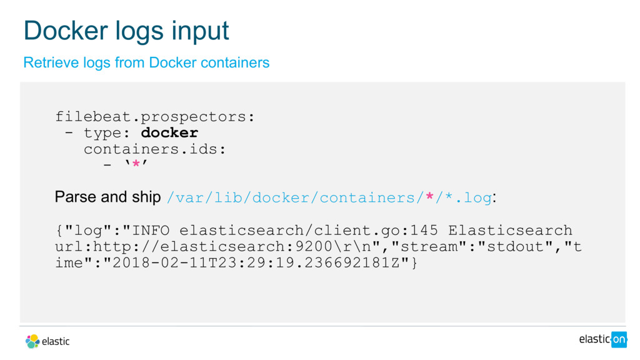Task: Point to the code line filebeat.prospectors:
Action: pos(155,117)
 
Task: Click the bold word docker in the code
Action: pos(169,133)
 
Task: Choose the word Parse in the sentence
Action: pos(76,197)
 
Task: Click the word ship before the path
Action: pos(146,197)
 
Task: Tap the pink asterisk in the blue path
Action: pos(429,197)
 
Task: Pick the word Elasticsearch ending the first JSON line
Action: pos(510,231)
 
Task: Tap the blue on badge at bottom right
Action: pos(619,339)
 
